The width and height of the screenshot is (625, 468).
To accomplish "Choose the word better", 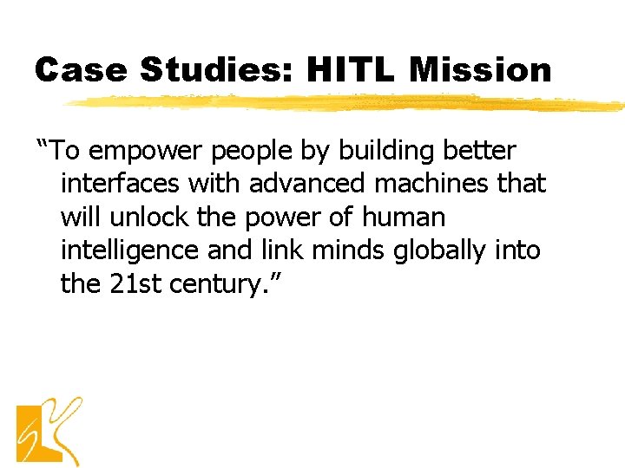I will pos(480,151).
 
